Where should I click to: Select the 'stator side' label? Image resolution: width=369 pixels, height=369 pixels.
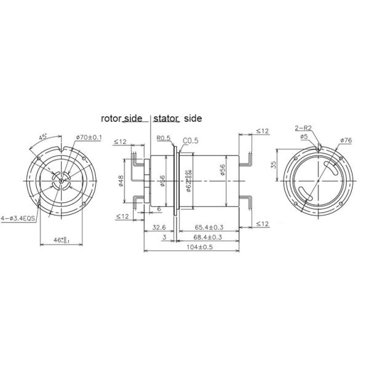177,117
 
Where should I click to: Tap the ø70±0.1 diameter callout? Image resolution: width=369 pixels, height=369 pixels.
87,138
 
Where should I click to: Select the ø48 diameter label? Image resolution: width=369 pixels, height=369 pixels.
121,181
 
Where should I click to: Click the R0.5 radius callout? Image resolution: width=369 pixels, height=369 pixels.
163,139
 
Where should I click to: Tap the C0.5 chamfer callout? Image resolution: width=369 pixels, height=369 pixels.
190,140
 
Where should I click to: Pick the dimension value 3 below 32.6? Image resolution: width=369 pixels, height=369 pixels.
164,237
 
